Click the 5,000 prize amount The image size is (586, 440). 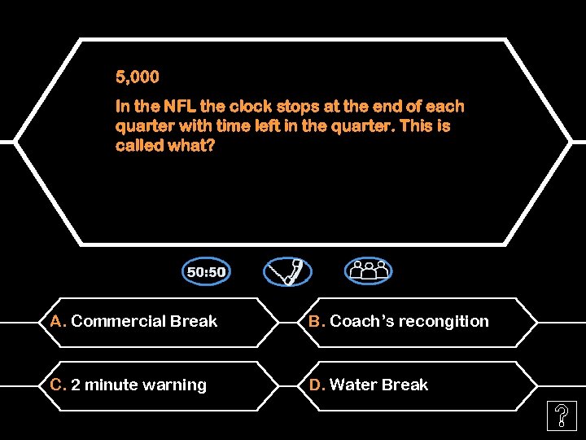point(138,77)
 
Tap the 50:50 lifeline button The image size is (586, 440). point(207,271)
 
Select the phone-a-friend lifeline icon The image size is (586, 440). point(287,271)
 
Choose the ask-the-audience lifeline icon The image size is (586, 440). point(368,271)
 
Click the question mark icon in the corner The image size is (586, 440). point(562,417)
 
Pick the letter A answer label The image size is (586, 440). point(57,321)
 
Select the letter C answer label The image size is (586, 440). point(58,385)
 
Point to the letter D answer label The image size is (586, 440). point(316,385)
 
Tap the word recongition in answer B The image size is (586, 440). point(446,321)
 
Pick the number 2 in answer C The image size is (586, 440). point(76,385)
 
